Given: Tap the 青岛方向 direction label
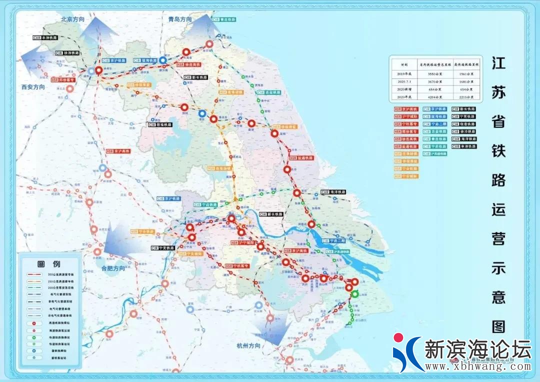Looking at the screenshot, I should coord(180,19).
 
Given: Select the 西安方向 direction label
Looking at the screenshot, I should coord(33,87).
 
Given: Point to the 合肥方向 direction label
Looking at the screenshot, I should coord(113,268).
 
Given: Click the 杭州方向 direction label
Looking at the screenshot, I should coord(248,346).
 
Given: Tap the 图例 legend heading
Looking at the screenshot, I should coord(48,264).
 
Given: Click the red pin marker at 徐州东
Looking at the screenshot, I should coord(98,70).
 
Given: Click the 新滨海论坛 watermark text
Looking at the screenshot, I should coord(477,349).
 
